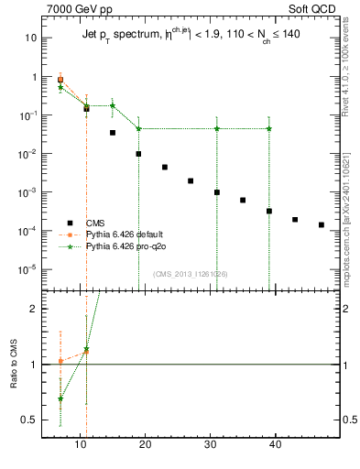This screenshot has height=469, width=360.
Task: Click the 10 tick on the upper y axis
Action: click(x=32, y=38)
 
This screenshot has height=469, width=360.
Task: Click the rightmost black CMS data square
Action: click(x=322, y=224)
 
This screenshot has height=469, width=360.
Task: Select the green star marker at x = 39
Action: click(x=269, y=128)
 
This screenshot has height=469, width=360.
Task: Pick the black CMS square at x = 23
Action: click(x=165, y=168)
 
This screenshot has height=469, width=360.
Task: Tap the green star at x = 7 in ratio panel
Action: click(x=60, y=398)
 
